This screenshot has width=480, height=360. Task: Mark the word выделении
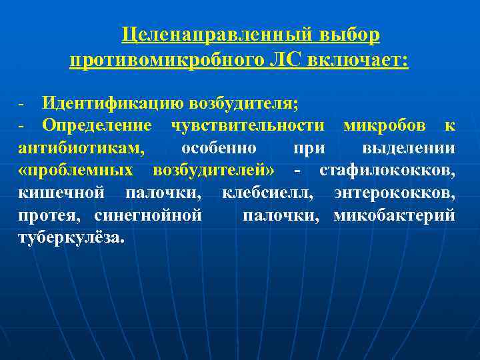click(x=409, y=147)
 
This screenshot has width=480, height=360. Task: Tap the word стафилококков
click(x=387, y=170)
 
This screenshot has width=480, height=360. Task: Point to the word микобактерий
click(x=395, y=215)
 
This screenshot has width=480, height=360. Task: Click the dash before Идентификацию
click(x=22, y=105)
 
